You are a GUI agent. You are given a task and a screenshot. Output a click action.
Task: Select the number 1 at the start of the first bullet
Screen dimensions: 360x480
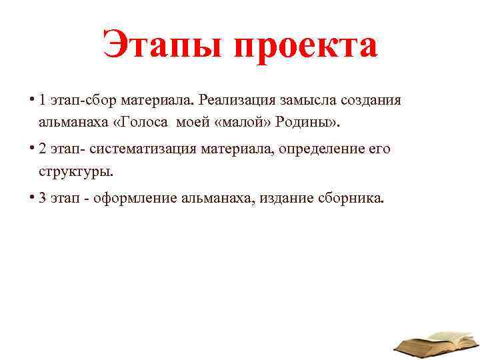(42, 100)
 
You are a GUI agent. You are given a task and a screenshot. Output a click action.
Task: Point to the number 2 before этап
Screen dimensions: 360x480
(43, 149)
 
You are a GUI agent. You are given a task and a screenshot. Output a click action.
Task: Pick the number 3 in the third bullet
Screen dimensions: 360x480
(43, 198)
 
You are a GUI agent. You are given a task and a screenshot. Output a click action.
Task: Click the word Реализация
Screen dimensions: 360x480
(237, 100)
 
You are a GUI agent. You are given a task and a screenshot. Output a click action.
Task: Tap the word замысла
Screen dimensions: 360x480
(307, 100)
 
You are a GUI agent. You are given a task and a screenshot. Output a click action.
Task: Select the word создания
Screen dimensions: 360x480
(370, 100)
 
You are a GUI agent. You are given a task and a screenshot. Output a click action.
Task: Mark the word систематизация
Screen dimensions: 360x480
(146, 149)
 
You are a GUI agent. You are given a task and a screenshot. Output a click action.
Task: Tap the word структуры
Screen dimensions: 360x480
(75, 171)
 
